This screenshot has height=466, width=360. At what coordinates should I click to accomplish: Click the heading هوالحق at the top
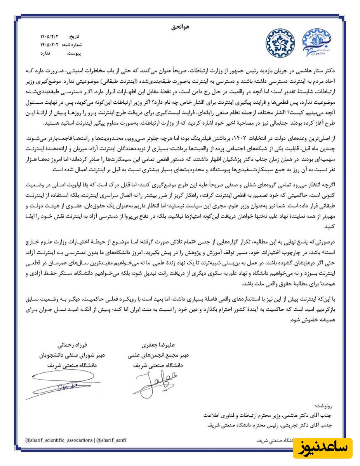pos(180,28)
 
